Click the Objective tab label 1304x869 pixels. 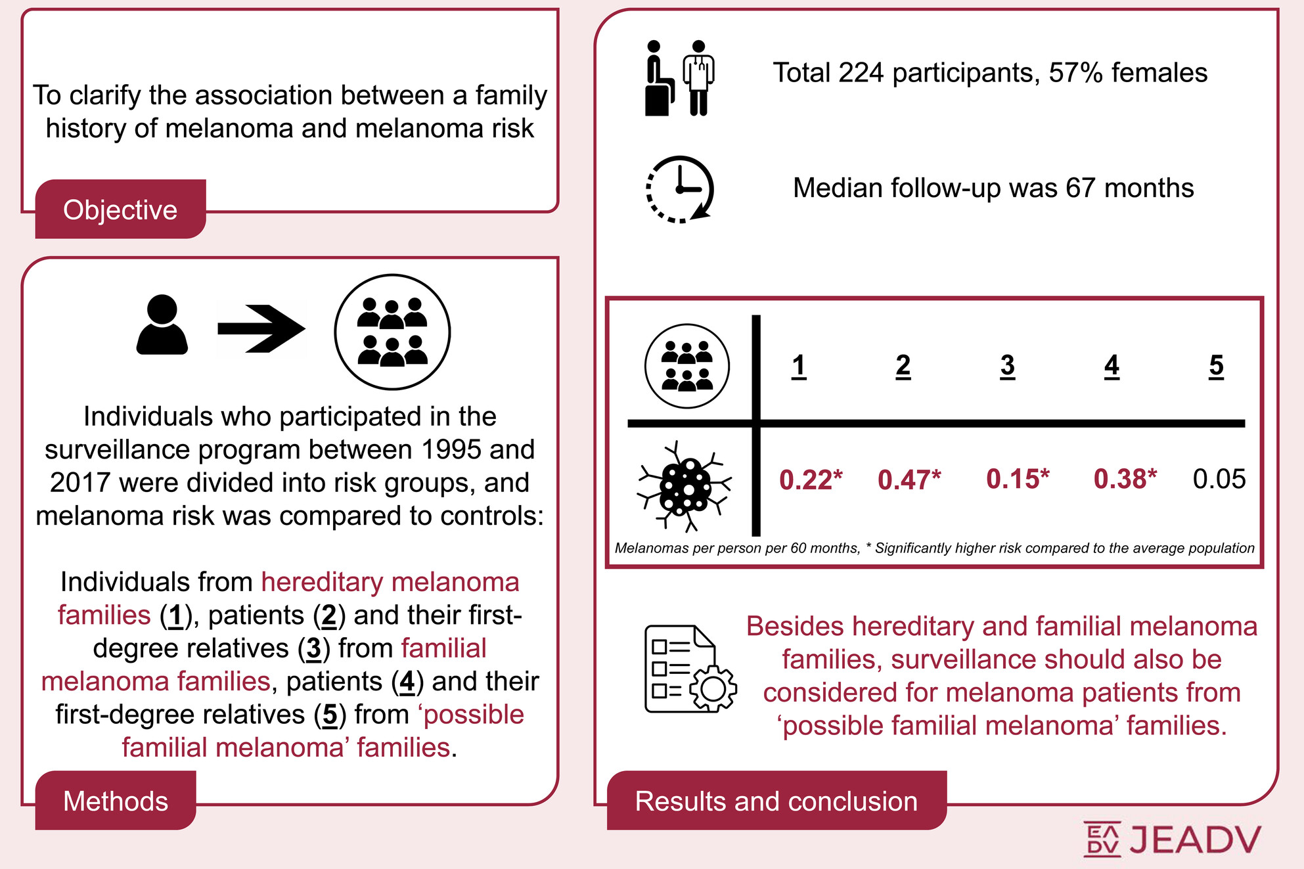pos(120,210)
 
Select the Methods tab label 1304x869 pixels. pos(116,801)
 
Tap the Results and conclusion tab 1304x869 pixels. pos(776,801)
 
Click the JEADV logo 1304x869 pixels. pos(1172,839)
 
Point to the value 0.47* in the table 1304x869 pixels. pos(909,479)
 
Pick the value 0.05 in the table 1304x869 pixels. pos(1219,479)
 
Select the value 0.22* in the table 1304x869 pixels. pos(811,479)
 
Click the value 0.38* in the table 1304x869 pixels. pos(1125,479)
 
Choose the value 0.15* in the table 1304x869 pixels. pos(1018,479)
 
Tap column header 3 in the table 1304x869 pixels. pos(1007,365)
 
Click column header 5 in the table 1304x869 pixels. pos(1216,365)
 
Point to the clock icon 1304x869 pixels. pos(680,189)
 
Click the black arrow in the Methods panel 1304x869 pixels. pos(261,328)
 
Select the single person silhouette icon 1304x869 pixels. pos(162,325)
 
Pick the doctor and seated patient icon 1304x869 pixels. pos(679,78)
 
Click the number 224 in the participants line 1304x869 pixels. pos(861,73)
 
